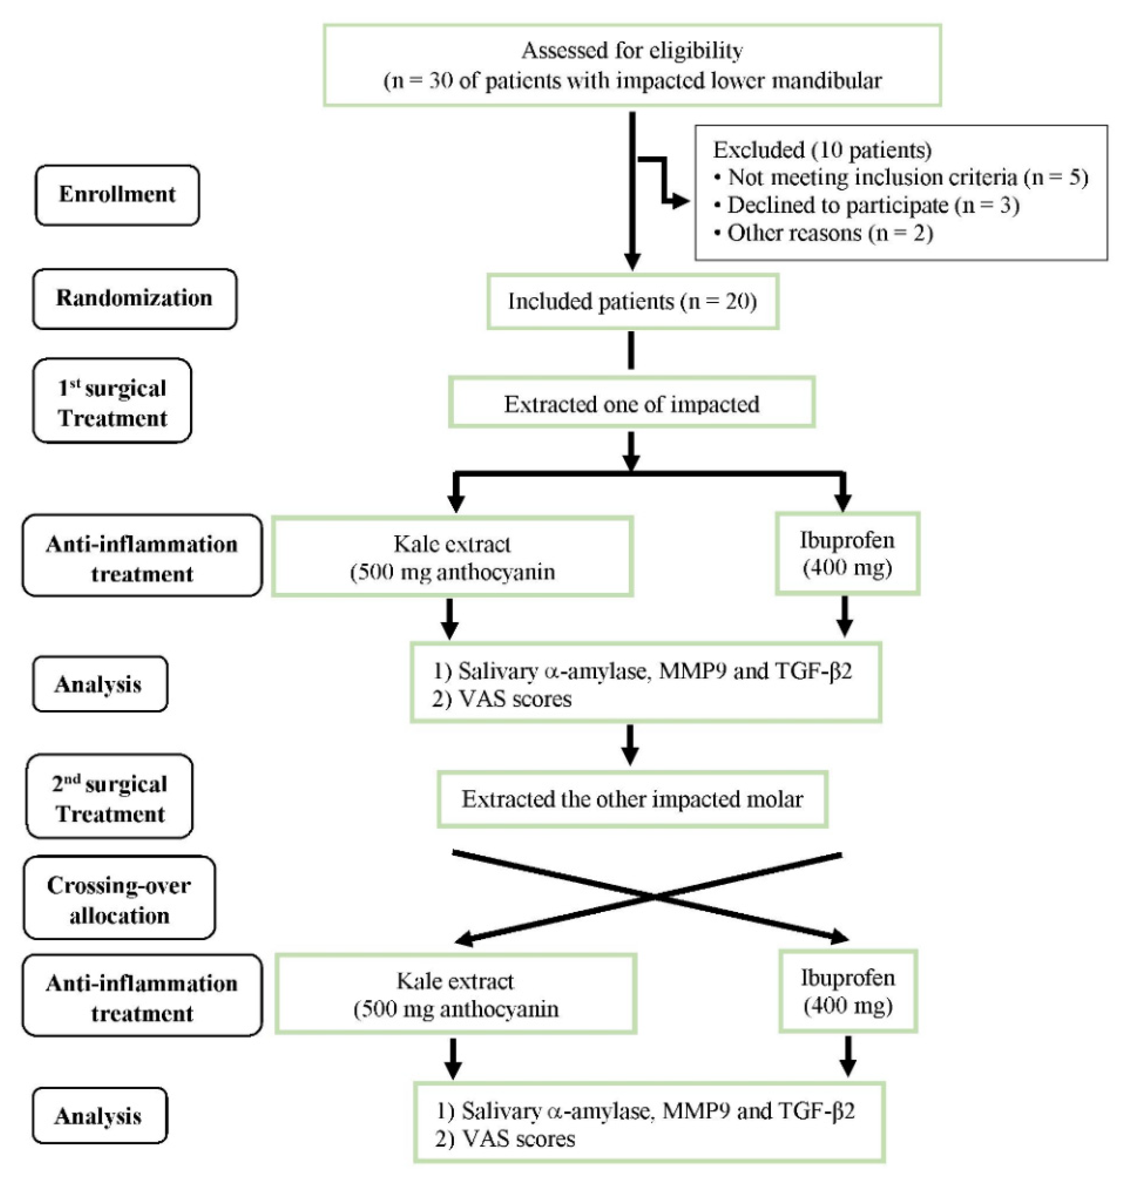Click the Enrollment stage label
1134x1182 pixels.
(117, 195)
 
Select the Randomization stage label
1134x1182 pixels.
(134, 299)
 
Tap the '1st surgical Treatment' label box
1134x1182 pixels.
(112, 401)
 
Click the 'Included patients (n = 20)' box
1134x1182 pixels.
(632, 301)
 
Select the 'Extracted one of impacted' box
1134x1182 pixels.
(631, 403)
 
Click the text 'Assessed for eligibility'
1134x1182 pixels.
(631, 51)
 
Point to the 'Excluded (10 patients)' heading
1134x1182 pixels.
(821, 150)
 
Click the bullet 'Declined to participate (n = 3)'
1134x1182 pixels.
(872, 205)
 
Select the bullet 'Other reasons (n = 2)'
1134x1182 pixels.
(829, 233)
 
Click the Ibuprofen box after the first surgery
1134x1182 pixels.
(847, 554)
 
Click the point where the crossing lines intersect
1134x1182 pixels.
(653, 897)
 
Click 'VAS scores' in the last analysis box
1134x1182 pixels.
(518, 1139)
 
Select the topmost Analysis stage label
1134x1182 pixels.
(99, 685)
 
